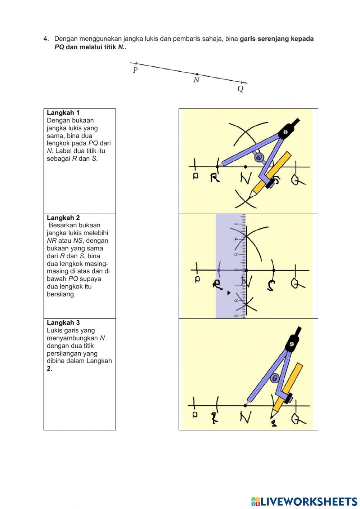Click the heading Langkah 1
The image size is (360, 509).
click(x=63, y=113)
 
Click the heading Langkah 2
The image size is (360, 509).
click(x=63, y=218)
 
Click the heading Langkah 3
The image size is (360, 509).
click(x=63, y=323)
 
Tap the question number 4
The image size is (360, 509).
click(x=46, y=39)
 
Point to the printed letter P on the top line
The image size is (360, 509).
click(x=135, y=70)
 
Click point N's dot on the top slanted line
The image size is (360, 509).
click(x=197, y=74)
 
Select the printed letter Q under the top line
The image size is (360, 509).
click(x=240, y=89)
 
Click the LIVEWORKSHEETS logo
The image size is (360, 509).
click(x=304, y=501)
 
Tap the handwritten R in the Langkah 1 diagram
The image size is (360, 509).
click(x=215, y=178)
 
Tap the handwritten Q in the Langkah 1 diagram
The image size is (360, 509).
click(x=297, y=179)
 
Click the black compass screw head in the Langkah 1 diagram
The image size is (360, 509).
click(x=285, y=132)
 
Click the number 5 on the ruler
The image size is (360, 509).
click(x=237, y=255)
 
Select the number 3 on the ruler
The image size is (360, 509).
click(x=236, y=224)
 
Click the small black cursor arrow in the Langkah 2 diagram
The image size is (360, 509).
click(x=229, y=293)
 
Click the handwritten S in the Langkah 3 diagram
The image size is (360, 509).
click(x=274, y=423)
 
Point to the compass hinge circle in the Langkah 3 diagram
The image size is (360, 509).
click(x=275, y=378)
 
